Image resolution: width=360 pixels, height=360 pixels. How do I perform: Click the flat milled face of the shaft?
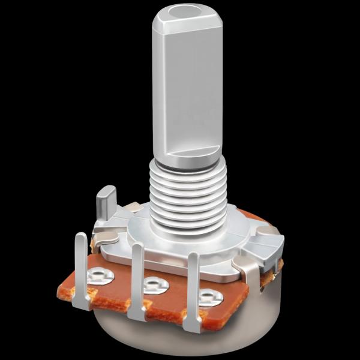(189, 90)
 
